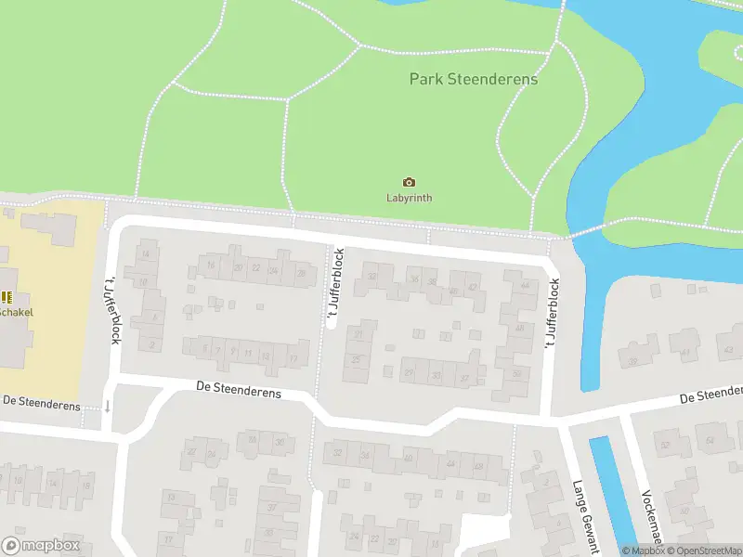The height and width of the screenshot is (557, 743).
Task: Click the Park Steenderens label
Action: coord(473,79)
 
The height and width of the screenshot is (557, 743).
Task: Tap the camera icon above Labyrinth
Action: coord(409,182)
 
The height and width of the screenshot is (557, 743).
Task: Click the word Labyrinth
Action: coord(409,198)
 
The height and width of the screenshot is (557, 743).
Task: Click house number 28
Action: coord(300,272)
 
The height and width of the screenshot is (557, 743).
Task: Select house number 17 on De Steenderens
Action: coord(293,358)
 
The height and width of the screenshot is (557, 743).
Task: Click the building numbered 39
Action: coord(632,362)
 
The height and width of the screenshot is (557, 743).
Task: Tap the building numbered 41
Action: coord(685,354)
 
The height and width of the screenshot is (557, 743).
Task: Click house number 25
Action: coord(355,359)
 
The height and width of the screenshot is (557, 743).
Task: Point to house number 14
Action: coord(144,253)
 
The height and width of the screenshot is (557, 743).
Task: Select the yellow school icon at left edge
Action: coord(6,297)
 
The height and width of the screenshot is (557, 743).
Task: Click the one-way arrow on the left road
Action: coord(108,406)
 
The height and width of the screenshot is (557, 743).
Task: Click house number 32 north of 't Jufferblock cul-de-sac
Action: coord(372,276)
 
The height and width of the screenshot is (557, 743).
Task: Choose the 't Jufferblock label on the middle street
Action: coord(334,288)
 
